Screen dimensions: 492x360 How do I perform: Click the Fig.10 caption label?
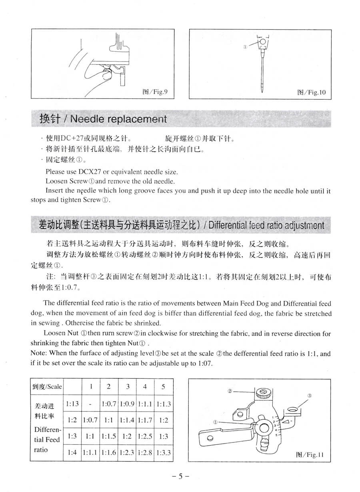tap(311, 92)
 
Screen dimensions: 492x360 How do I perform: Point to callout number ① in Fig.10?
tap(245, 46)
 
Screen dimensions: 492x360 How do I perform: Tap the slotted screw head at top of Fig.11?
tap(264, 392)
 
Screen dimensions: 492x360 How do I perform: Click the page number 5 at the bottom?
tap(180, 476)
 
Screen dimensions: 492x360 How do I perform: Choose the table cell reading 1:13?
tap(72, 404)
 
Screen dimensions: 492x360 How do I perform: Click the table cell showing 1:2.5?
tap(145, 436)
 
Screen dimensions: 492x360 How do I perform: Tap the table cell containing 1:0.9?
tap(127, 404)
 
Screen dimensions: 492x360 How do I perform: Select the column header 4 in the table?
tap(145, 386)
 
